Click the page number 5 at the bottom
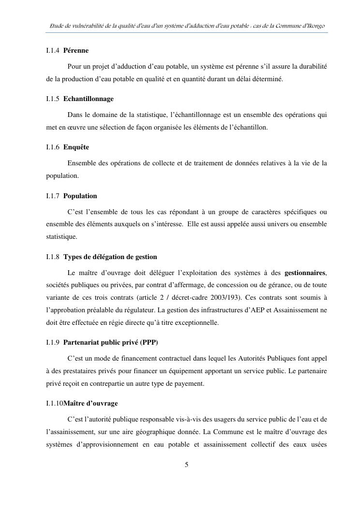click(187, 465)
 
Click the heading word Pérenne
click(76, 50)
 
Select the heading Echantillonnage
click(88, 99)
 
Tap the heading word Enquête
click(76, 147)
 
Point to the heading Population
click(80, 196)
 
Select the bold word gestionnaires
click(305, 272)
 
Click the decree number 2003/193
click(226, 297)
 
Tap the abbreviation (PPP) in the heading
click(149, 342)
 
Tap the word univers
click(276, 224)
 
